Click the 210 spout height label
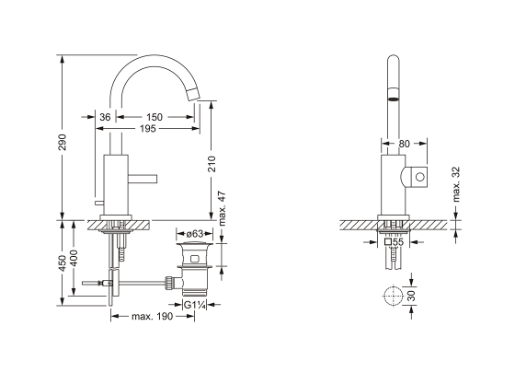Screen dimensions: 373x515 [213, 164]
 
